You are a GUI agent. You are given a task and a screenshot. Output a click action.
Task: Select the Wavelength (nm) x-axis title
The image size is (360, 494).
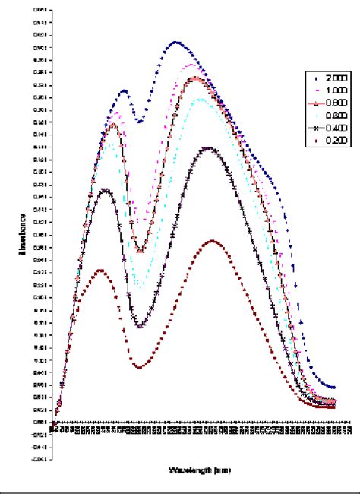click(x=200, y=470)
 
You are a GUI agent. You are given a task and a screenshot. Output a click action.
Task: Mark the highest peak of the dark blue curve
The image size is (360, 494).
click(x=176, y=42)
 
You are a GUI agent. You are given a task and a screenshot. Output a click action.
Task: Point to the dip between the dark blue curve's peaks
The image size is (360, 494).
click(x=139, y=120)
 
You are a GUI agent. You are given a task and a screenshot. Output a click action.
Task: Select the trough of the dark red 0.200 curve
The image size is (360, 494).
click(x=139, y=367)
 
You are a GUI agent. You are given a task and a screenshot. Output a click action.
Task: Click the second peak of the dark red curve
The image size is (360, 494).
click(x=213, y=242)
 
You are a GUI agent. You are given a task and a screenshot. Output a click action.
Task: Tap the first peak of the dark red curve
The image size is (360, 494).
click(x=99, y=270)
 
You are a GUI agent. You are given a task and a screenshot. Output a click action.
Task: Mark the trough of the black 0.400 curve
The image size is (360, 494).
click(x=139, y=327)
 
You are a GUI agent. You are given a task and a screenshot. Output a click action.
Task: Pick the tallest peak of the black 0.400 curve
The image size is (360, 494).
click(x=208, y=148)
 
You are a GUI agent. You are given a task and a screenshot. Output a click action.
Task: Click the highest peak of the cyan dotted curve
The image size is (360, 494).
click(x=201, y=99)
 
